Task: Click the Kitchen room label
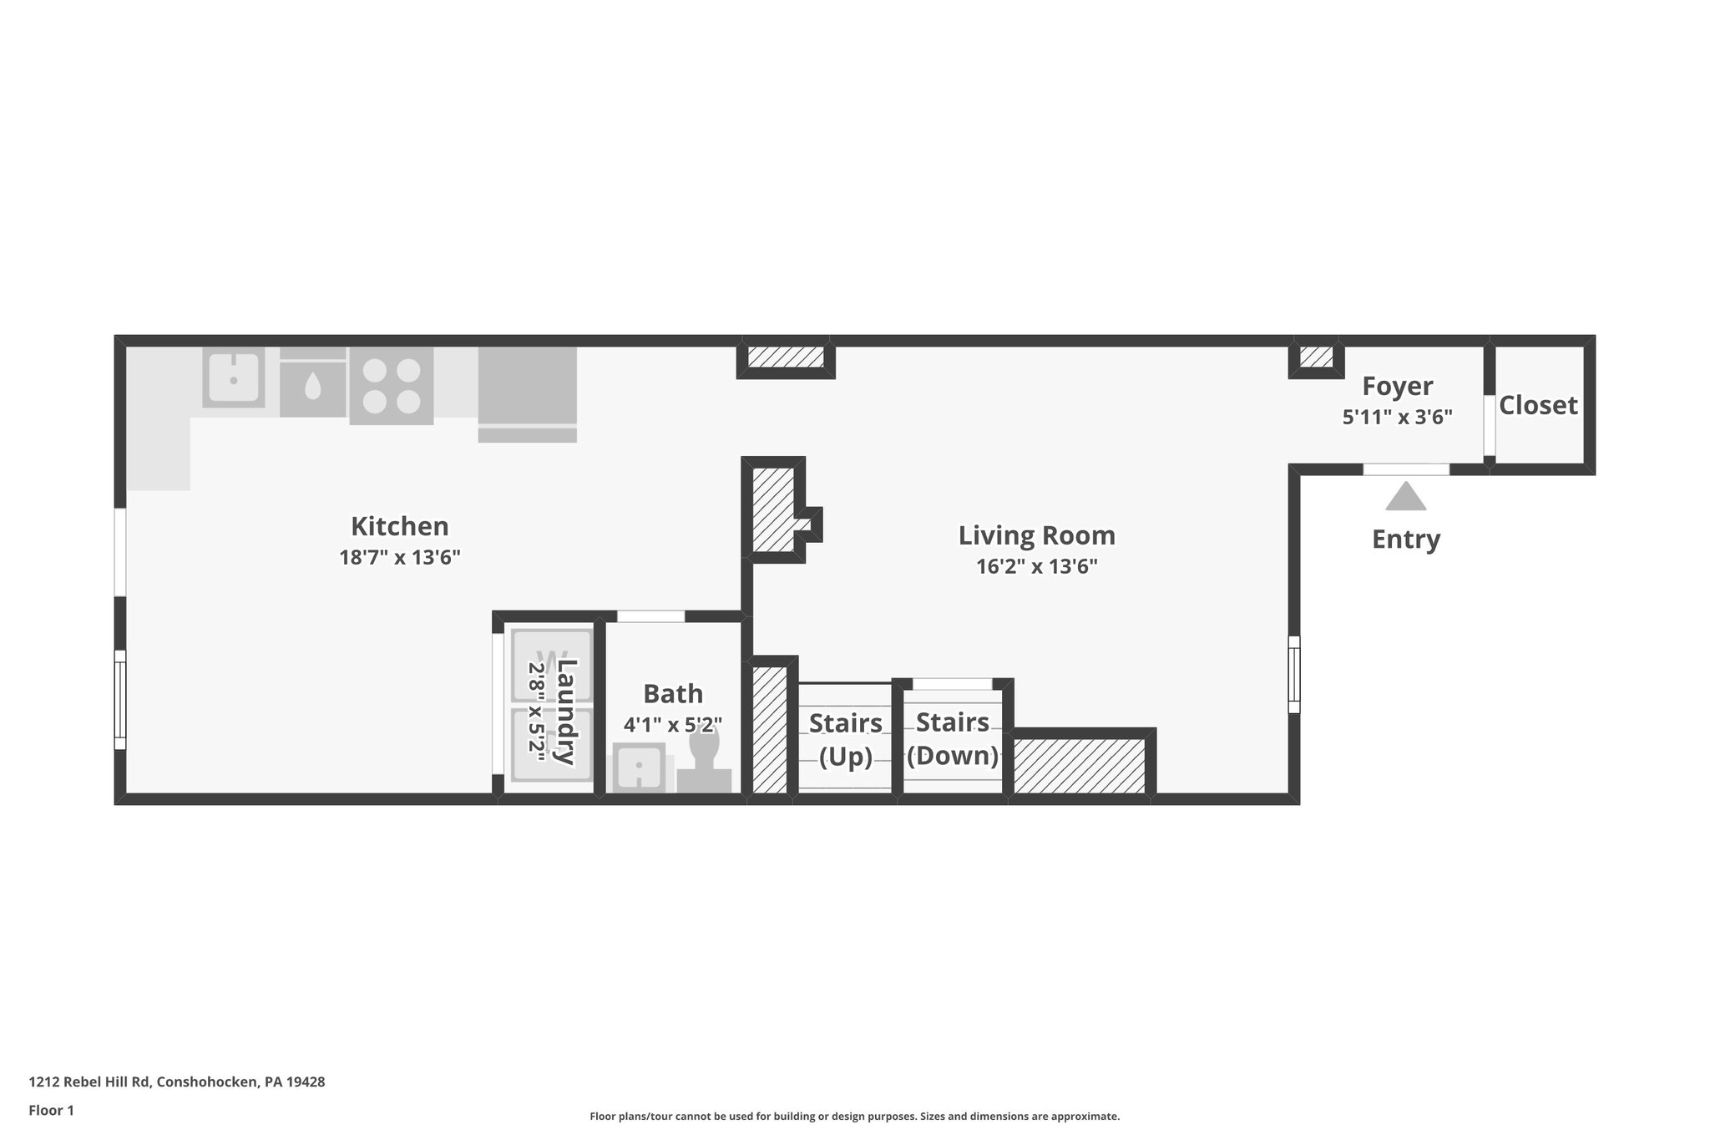click(x=399, y=526)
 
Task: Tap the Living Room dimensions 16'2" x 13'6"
click(x=1036, y=566)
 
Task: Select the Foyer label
click(x=1397, y=386)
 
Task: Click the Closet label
click(x=1537, y=405)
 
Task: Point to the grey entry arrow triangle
click(x=1405, y=498)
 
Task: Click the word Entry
click(x=1405, y=539)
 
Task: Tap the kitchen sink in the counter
click(x=234, y=377)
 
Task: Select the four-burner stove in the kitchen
click(x=391, y=386)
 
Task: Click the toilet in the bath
click(x=704, y=760)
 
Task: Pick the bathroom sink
click(x=639, y=767)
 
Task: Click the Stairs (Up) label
click(x=845, y=739)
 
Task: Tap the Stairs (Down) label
click(x=952, y=738)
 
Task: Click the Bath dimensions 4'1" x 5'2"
click(x=672, y=723)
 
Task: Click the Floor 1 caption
click(x=51, y=1110)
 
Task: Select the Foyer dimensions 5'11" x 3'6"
click(x=1397, y=417)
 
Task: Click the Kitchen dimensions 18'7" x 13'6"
click(x=399, y=557)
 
